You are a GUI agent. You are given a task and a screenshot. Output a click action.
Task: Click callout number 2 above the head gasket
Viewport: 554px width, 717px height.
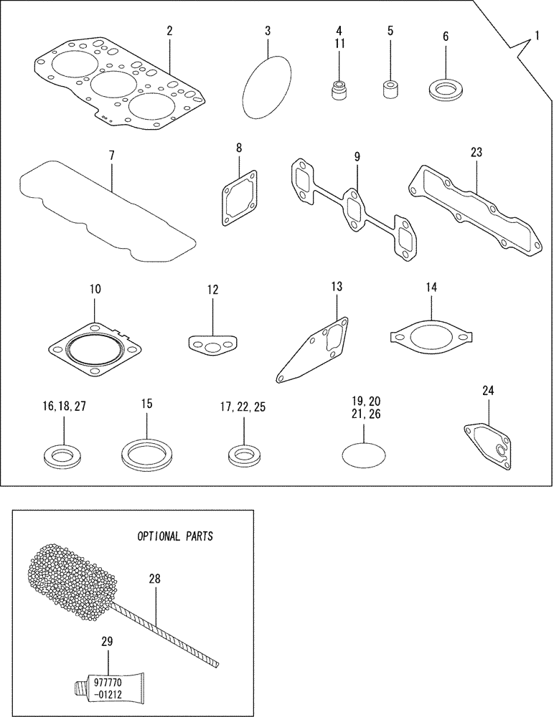(169, 31)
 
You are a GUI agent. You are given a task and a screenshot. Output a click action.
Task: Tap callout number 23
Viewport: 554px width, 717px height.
(476, 152)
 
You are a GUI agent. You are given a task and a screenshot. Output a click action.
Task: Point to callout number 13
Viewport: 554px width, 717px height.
(337, 287)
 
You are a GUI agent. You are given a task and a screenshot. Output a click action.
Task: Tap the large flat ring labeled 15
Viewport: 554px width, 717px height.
(146, 453)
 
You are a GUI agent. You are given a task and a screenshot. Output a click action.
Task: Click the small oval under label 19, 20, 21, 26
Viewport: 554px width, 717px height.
(364, 454)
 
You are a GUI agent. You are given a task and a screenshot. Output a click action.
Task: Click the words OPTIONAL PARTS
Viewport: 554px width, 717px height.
(176, 536)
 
